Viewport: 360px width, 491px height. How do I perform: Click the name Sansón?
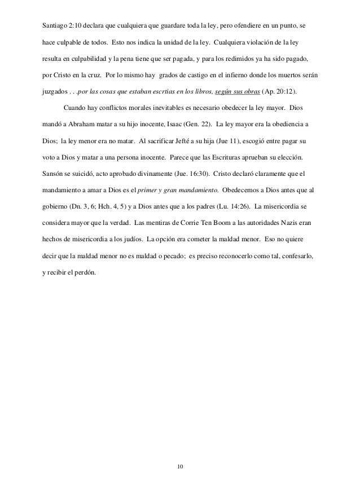[54, 170]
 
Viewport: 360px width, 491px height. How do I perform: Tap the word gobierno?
[56, 201]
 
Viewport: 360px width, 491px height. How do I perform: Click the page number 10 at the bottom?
[180, 467]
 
